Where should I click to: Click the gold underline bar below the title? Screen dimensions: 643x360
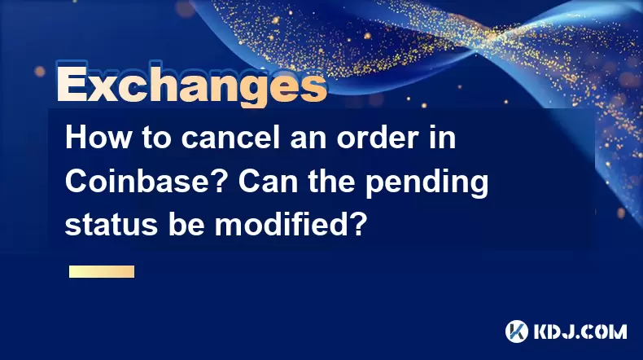click(102, 272)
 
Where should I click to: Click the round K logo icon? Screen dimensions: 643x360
click(516, 331)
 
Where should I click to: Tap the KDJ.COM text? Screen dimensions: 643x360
click(580, 331)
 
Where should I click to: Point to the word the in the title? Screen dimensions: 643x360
click(332, 181)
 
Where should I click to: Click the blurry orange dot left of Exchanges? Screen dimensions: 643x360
click(40, 72)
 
